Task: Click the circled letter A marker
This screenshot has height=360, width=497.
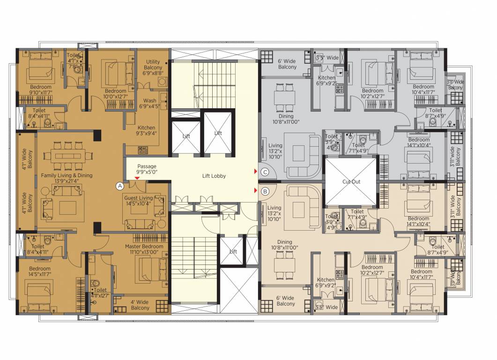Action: [120, 186]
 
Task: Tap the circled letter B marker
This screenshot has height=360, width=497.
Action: [265, 191]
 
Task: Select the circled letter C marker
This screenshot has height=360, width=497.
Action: [265, 172]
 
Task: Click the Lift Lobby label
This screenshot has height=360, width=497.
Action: [214, 176]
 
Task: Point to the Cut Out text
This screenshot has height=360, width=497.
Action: [351, 181]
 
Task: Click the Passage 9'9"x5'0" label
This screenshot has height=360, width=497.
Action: [147, 169]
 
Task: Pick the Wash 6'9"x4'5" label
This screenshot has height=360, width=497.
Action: [150, 103]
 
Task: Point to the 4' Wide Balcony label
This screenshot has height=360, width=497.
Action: [140, 305]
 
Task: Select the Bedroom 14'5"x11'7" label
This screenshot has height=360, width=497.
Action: [39, 272]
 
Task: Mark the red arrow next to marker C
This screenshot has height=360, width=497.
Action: [256, 172]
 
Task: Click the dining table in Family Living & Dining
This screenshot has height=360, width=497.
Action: [66, 155]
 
